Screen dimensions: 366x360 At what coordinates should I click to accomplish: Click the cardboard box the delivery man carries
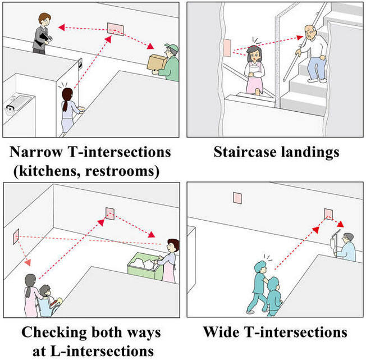[x=157, y=62]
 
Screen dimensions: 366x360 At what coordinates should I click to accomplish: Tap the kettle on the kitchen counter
[x=10, y=110]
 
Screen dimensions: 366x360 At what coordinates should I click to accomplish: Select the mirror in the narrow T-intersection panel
[x=115, y=29]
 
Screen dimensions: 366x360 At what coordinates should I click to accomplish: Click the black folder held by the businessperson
[x=44, y=39]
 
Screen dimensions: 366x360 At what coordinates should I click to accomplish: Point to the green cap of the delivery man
[x=172, y=48]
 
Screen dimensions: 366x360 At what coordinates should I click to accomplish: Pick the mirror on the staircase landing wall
[x=227, y=48]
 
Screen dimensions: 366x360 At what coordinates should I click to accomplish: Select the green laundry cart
[x=145, y=266]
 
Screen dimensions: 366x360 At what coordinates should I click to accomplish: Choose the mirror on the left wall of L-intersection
[x=16, y=236]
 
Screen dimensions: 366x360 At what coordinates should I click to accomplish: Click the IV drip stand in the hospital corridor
[x=334, y=243]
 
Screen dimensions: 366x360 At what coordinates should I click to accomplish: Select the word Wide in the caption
[x=221, y=332]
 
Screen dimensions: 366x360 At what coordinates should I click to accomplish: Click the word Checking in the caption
[x=54, y=332]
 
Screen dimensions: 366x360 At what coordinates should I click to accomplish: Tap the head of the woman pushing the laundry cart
[x=173, y=245]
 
